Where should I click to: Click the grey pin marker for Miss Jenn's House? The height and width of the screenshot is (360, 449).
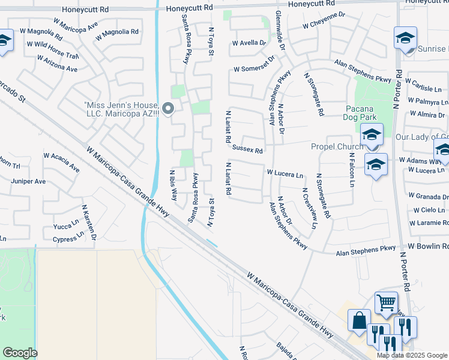[168, 109]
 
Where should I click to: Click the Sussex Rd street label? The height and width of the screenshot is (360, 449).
[247, 148]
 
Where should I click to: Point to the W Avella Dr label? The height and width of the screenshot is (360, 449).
[248, 43]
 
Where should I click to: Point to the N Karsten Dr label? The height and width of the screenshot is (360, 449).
[89, 222]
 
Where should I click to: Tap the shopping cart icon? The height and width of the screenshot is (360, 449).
[385, 303]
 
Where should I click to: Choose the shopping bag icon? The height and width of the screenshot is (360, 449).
[359, 320]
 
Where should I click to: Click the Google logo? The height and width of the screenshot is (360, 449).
[20, 353]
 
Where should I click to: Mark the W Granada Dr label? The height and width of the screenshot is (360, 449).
[427, 196]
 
